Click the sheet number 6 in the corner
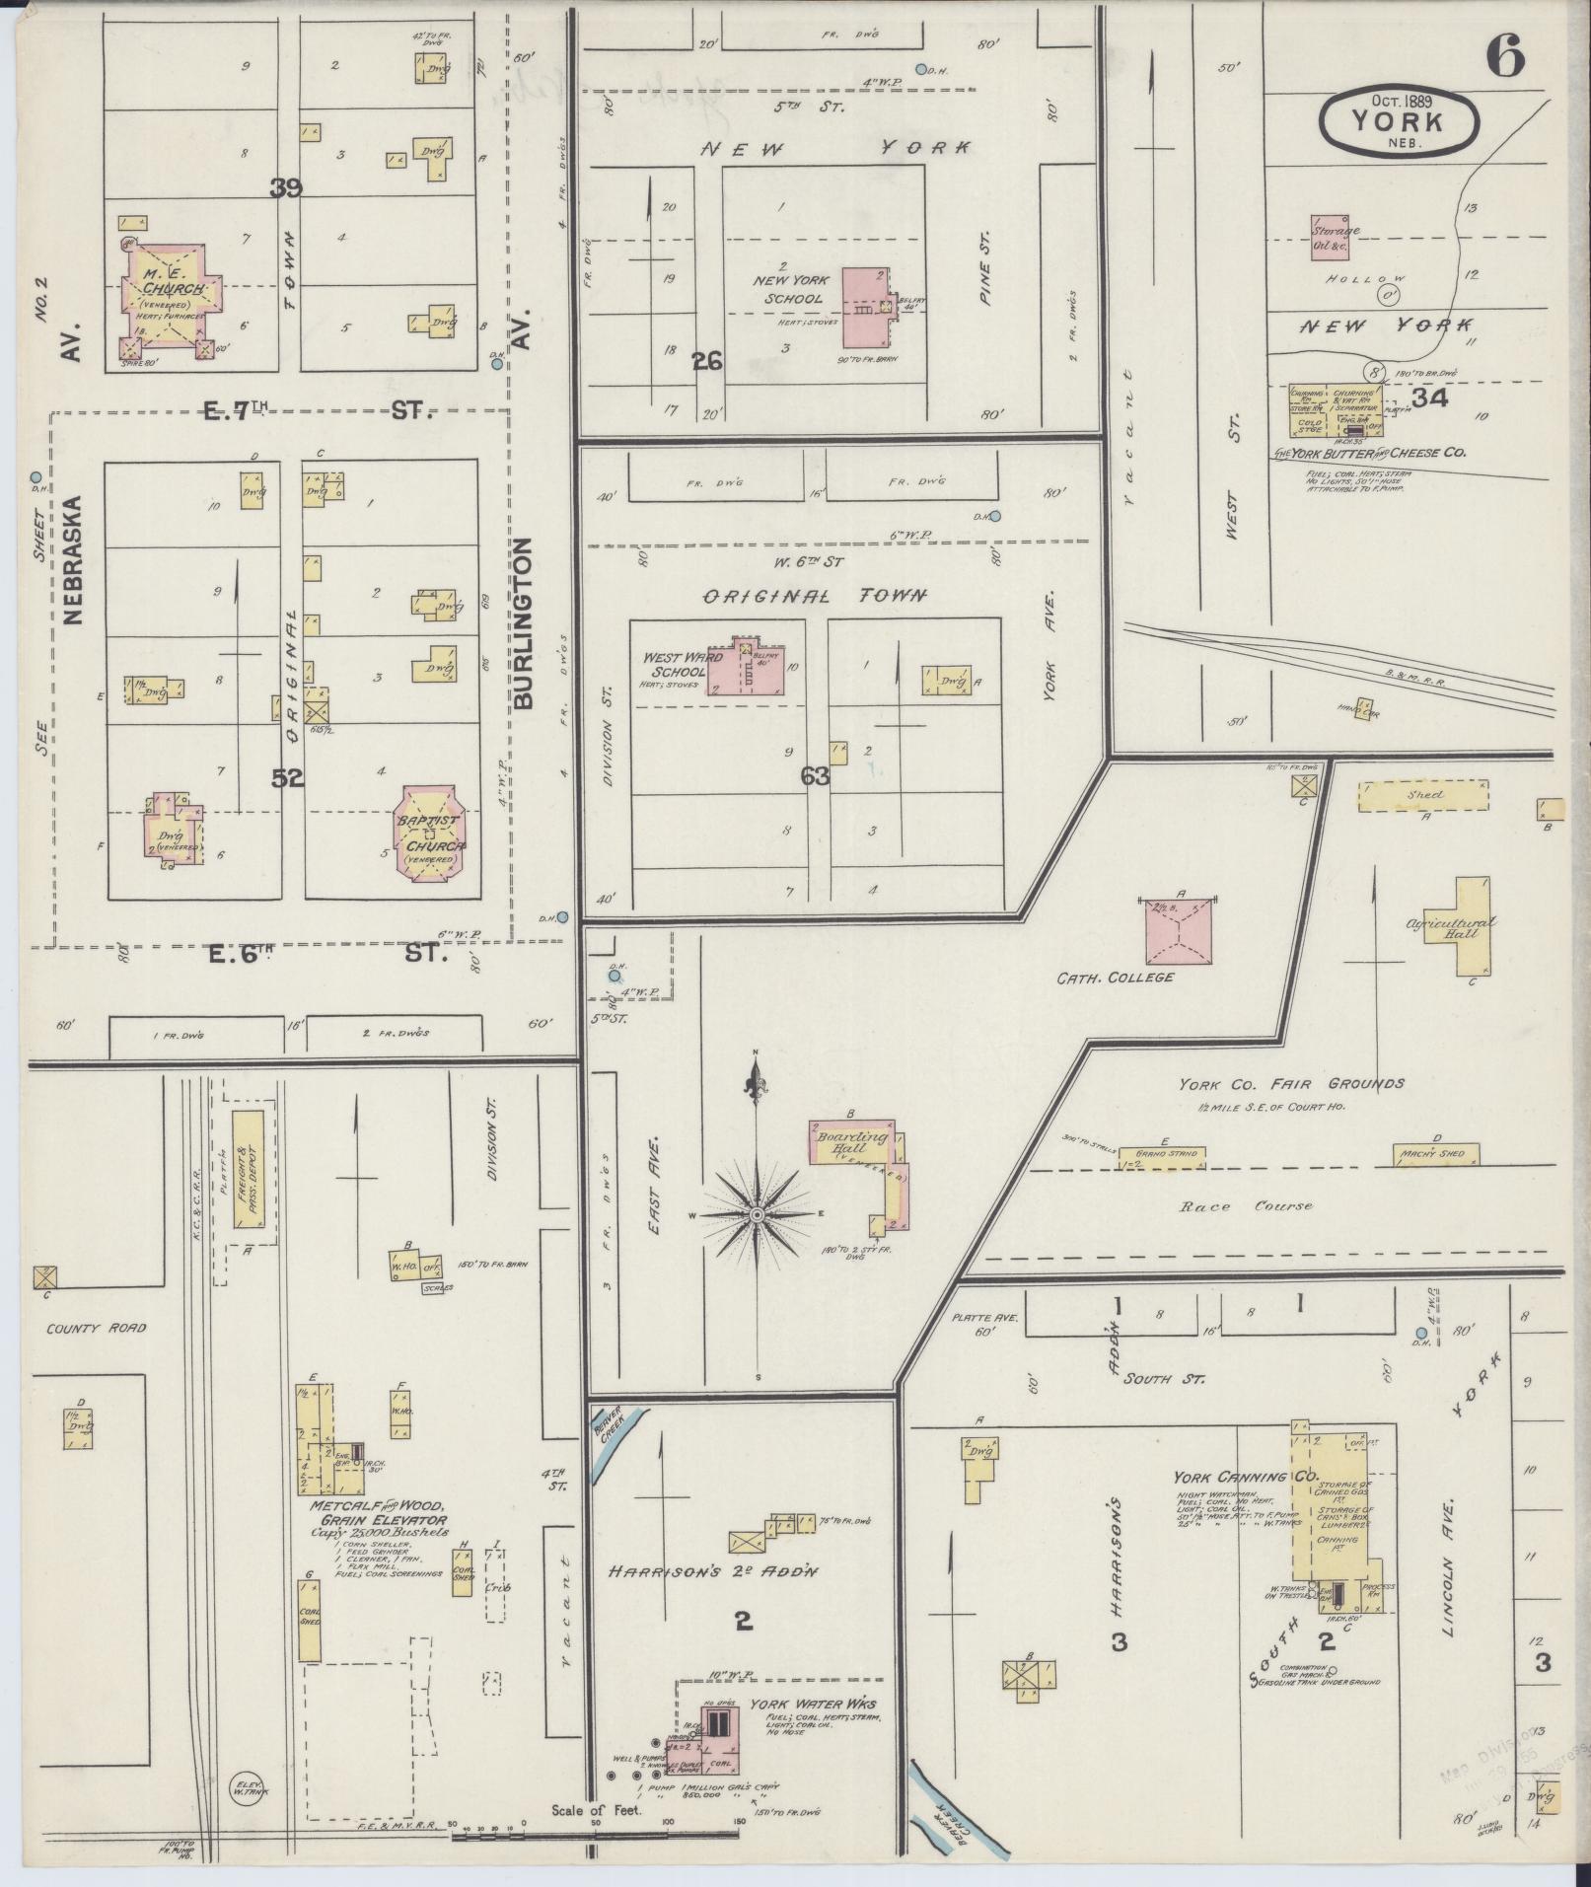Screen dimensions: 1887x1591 pyautogui.click(x=1505, y=55)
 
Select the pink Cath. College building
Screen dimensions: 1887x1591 pyautogui.click(x=1179, y=931)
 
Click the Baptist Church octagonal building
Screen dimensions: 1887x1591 pyautogui.click(x=431, y=832)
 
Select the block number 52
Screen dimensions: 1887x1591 pyautogui.click(x=287, y=778)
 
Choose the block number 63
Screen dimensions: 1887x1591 pyautogui.click(x=816, y=776)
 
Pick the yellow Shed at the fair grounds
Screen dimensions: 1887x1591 pyautogui.click(x=1423, y=796)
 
